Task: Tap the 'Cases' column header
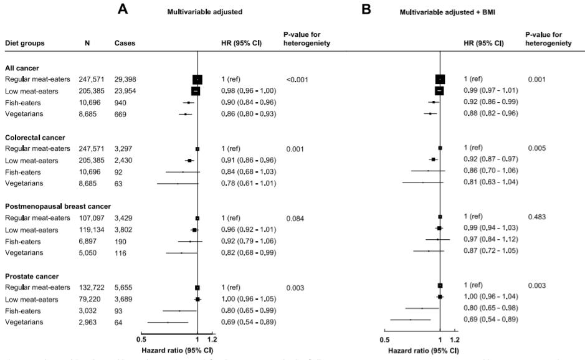point(125,44)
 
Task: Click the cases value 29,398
point(127,79)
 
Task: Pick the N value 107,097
point(95,218)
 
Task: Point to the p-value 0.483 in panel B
point(538,217)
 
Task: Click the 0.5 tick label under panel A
point(141,339)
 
